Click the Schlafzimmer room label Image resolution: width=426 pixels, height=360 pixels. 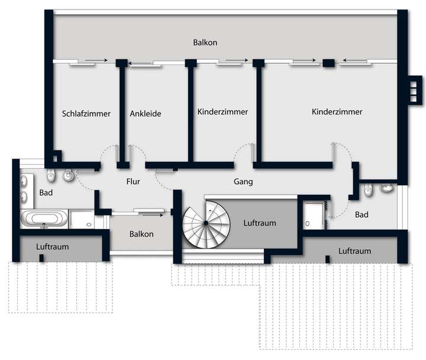[x=86, y=114]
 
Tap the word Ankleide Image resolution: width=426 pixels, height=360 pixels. [x=146, y=114]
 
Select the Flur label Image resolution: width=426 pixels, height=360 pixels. [x=133, y=182]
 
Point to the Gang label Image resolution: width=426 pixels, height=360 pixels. [x=243, y=182]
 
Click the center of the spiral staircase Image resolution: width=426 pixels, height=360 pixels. [x=205, y=223]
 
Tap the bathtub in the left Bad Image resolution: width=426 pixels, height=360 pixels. [x=44, y=219]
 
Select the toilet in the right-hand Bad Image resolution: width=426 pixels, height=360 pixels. [x=369, y=190]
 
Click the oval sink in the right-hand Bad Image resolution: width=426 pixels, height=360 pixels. [x=388, y=189]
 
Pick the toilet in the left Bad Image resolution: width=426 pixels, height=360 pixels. [x=52, y=176]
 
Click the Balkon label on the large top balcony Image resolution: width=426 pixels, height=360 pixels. [x=205, y=43]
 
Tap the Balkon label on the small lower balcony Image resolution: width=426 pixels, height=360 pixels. [x=141, y=234]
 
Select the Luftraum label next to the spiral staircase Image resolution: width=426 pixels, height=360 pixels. [x=260, y=223]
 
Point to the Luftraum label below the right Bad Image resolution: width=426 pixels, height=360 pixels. [x=354, y=251]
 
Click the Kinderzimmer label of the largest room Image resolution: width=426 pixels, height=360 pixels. [x=337, y=111]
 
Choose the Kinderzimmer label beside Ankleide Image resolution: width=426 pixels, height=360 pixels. [x=222, y=111]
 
